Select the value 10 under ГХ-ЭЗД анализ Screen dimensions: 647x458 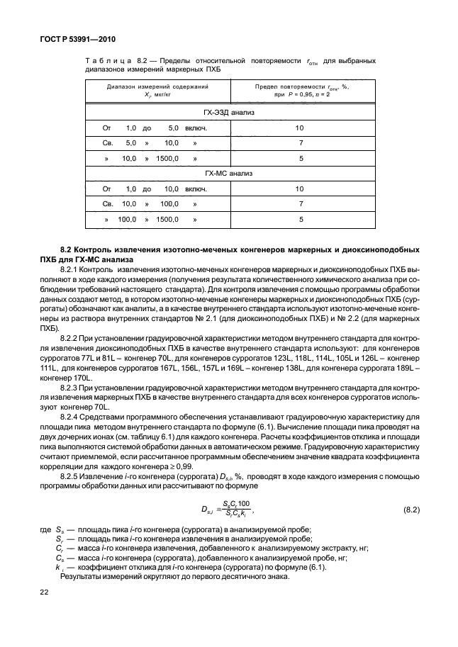[299, 128]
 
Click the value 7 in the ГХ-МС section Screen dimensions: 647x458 [301, 204]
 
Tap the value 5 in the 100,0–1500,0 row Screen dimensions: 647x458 [301, 220]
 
